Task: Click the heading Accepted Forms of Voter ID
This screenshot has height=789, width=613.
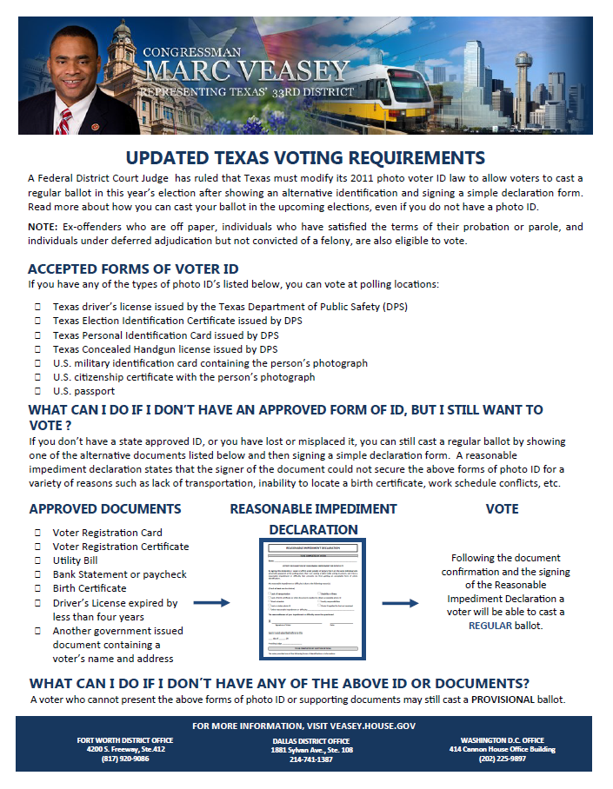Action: click(x=133, y=269)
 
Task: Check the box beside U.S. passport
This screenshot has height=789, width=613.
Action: click(x=38, y=391)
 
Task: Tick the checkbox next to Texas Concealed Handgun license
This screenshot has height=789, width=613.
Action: click(x=38, y=349)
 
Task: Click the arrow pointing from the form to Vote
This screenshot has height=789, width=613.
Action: click(x=401, y=602)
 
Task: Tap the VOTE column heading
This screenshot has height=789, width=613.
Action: click(x=502, y=509)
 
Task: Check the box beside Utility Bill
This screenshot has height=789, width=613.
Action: click(x=38, y=560)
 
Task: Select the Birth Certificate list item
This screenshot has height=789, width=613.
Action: click(x=90, y=588)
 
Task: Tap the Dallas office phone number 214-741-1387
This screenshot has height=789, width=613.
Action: click(x=310, y=759)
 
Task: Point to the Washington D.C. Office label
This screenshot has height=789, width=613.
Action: click(x=502, y=740)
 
